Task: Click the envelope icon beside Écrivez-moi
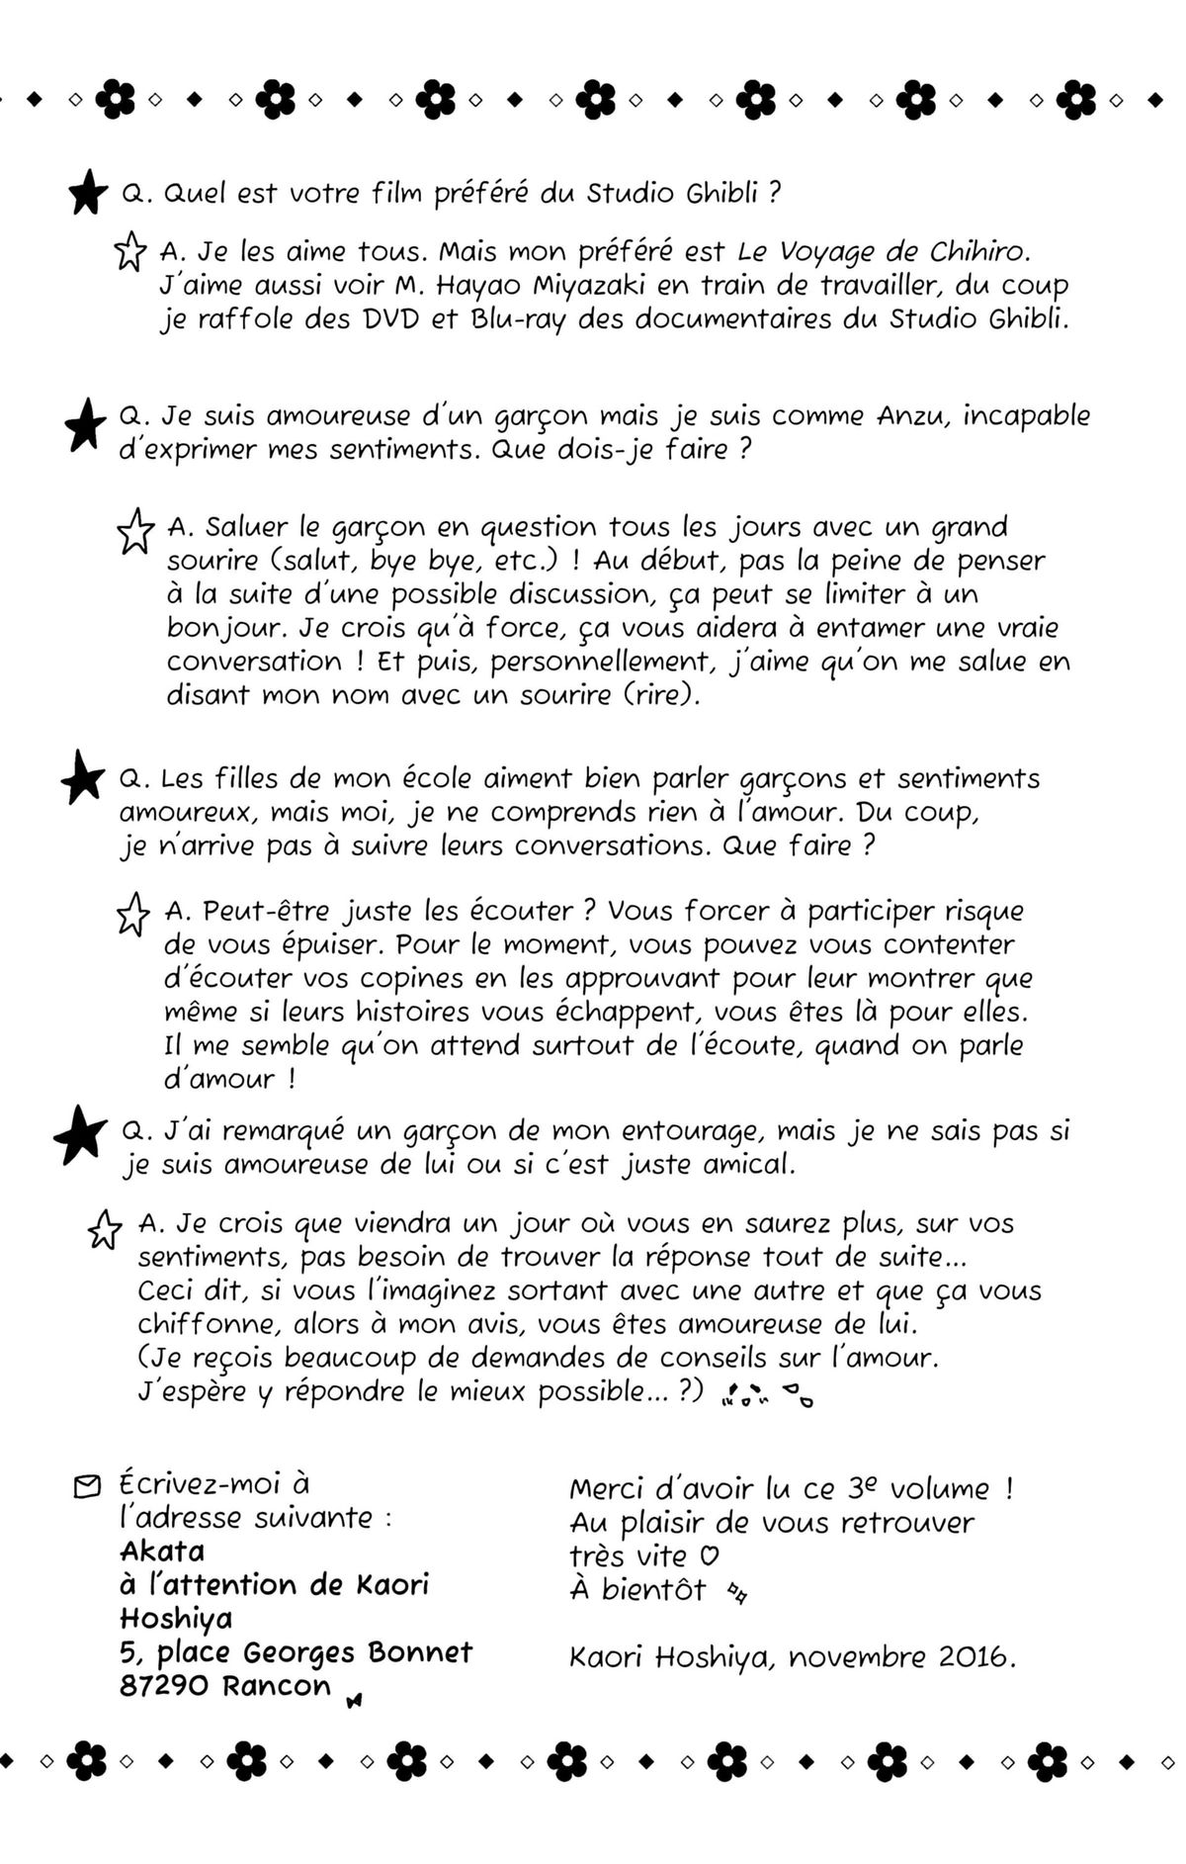tap(87, 1486)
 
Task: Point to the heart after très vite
tap(709, 1555)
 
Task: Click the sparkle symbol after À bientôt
tap(736, 1591)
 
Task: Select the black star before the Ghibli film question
tap(88, 192)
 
